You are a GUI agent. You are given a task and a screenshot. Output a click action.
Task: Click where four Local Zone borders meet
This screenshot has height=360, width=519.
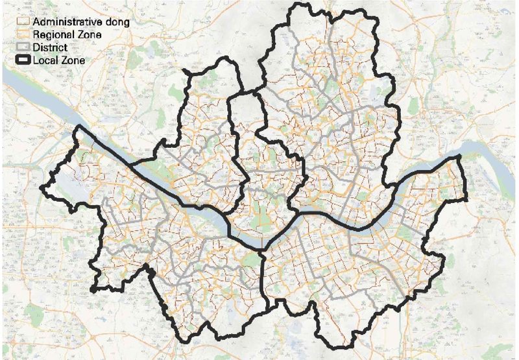[261, 250]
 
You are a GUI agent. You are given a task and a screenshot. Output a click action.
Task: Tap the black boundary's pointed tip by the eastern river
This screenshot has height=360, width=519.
[459, 157]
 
